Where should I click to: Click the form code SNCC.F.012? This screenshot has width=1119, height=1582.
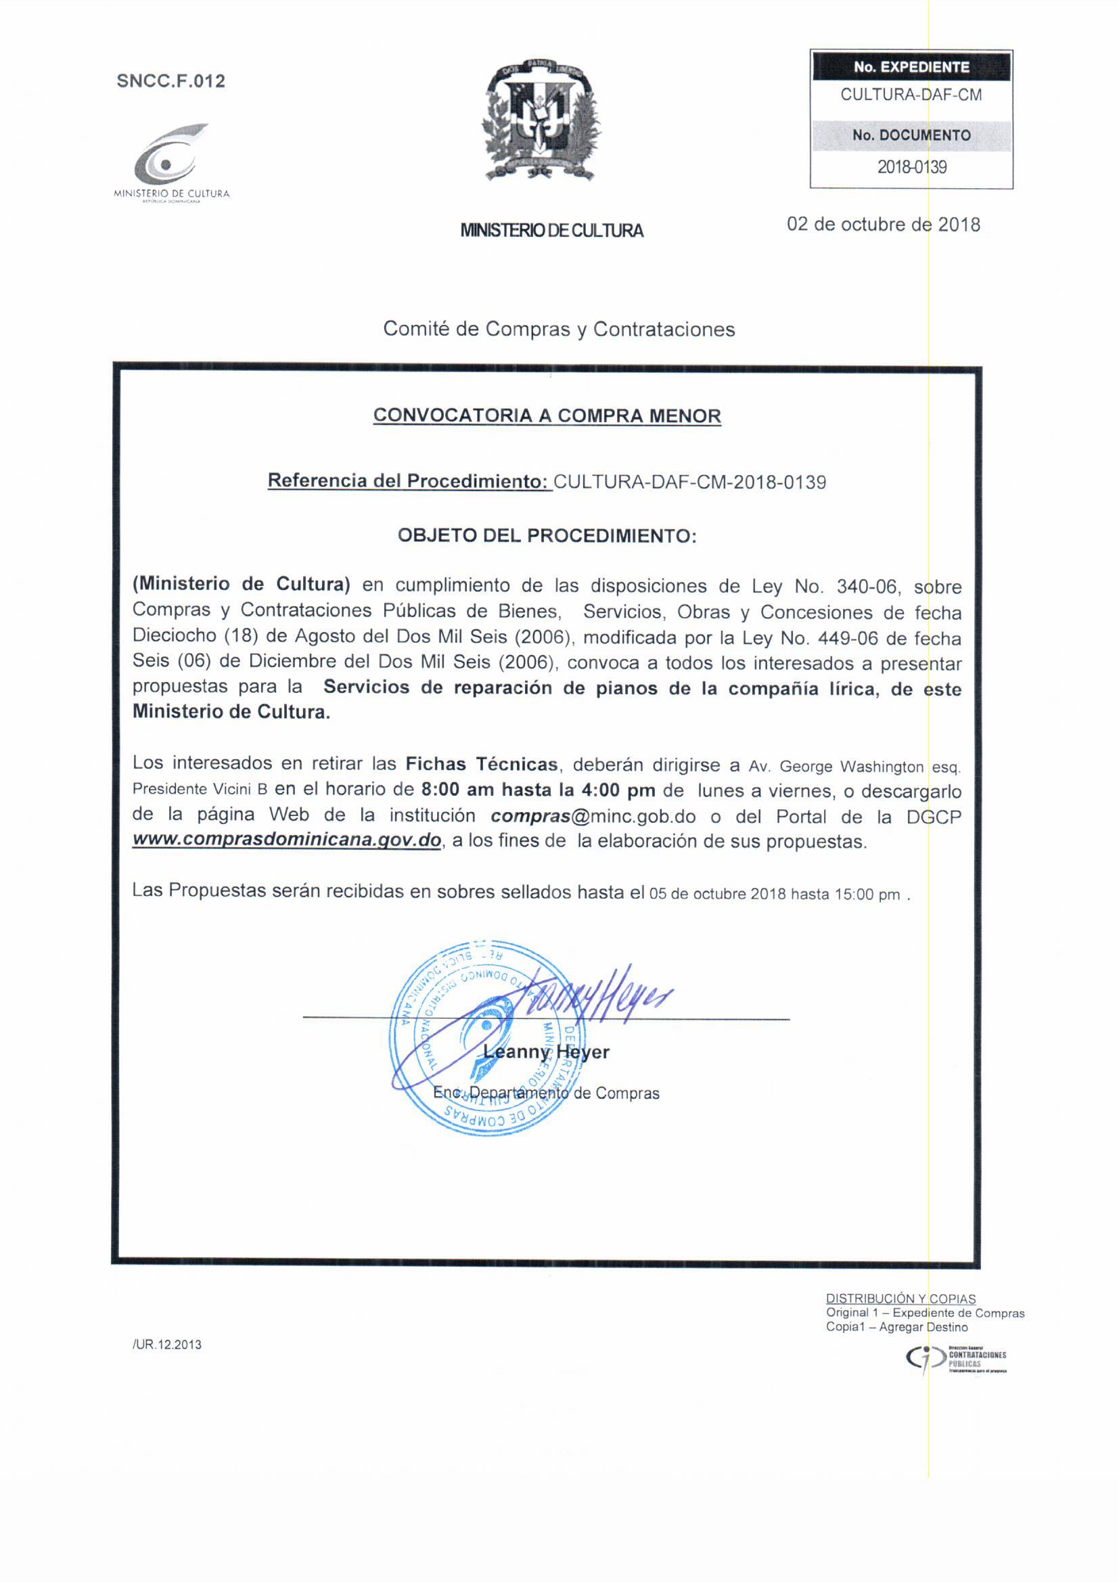click(171, 81)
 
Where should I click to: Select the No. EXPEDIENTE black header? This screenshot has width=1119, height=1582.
click(911, 67)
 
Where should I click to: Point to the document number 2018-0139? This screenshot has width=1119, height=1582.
click(911, 166)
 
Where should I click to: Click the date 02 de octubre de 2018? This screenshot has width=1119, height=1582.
click(883, 225)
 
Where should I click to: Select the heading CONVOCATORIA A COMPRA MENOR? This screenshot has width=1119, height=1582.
click(547, 416)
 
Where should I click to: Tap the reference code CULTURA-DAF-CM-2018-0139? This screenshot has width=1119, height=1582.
click(689, 482)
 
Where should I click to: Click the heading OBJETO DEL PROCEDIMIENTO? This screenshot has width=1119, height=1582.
click(547, 535)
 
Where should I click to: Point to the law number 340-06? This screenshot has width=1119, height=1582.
click(867, 587)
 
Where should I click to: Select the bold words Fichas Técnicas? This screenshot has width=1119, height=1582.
click(481, 764)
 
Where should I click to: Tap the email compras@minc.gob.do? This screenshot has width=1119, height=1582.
click(593, 817)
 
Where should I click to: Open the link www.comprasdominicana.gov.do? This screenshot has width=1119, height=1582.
click(287, 841)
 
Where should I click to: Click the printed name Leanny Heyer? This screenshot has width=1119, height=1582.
click(547, 1052)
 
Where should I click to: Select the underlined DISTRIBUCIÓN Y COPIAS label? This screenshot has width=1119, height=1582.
click(900, 1298)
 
